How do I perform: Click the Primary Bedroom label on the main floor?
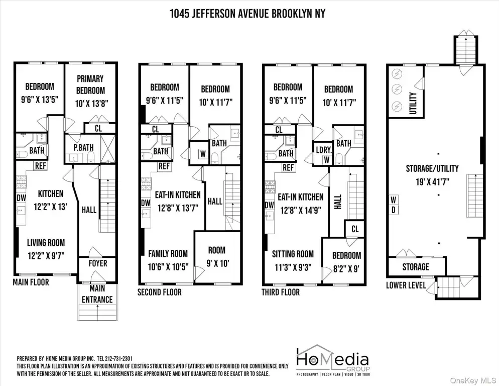click(x=91, y=84)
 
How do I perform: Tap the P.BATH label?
click(x=84, y=148)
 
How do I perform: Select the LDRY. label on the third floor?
click(x=324, y=150)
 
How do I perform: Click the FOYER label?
click(x=98, y=263)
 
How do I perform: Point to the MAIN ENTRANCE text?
click(x=97, y=294)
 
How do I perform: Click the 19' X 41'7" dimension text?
click(x=433, y=181)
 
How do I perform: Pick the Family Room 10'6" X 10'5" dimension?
click(x=168, y=266)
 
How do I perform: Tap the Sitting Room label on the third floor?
click(x=293, y=254)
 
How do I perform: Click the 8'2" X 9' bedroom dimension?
click(x=346, y=269)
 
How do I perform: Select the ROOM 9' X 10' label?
click(x=217, y=257)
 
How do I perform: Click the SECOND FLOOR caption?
click(x=160, y=293)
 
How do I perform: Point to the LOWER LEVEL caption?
click(x=406, y=285)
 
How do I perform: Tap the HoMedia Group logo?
click(x=333, y=360)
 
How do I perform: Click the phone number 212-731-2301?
click(x=119, y=358)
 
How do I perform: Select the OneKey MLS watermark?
click(x=473, y=380)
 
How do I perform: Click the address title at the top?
click(x=247, y=14)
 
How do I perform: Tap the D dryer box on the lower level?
click(x=394, y=210)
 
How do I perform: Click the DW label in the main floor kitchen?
click(x=21, y=198)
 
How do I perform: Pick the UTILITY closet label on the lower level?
click(x=413, y=103)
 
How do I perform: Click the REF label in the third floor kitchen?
click(x=288, y=167)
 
